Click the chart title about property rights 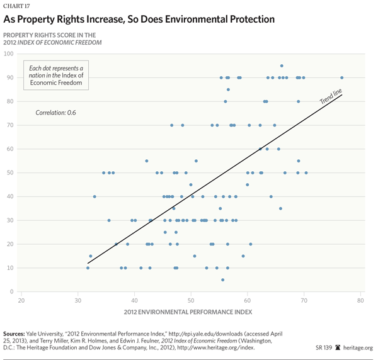point(139,19)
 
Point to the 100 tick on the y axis point(9,53)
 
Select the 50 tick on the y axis point(11,172)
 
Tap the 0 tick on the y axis point(13,291)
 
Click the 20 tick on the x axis point(21,301)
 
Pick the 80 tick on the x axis point(361,301)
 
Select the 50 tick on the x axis point(192,301)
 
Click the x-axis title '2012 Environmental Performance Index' point(192,312)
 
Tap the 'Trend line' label point(331,98)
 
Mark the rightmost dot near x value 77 point(342,77)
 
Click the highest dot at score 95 point(282,65)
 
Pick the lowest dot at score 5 point(222,279)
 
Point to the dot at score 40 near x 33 point(94,196)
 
